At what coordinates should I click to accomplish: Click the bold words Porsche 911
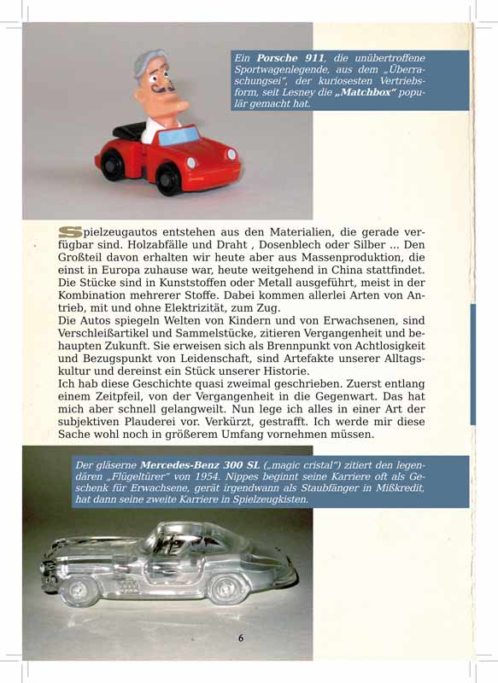(284, 57)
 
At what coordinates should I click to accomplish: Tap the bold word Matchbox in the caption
(368, 92)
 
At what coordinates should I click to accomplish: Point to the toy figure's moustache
(163, 88)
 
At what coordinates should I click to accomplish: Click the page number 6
(241, 638)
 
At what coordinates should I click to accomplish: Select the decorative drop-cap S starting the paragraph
(70, 232)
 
